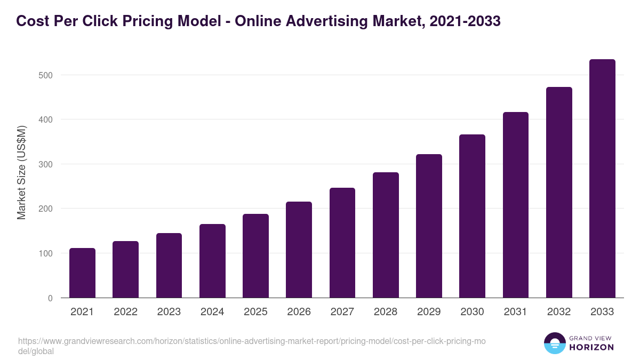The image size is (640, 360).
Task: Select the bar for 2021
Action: coord(82,273)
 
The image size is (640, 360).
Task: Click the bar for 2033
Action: coord(602,179)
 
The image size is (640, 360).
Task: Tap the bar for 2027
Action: coord(342,243)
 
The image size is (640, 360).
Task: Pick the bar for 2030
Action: coord(472,216)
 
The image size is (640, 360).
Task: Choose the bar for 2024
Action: coord(212,261)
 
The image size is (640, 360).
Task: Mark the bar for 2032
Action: coord(559,193)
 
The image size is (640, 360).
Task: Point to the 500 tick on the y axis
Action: coord(46,75)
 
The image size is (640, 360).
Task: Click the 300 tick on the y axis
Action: coord(46,164)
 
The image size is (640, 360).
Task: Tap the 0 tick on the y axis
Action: coord(50,298)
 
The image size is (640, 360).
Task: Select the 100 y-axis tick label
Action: coord(46,253)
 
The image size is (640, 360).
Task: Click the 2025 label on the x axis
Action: coord(255,312)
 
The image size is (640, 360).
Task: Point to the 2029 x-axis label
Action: coord(429,312)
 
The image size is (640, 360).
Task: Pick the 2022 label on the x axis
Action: coord(125,312)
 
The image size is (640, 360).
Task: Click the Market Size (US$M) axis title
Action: coord(21,172)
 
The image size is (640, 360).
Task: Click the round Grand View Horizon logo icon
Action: coord(554,343)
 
